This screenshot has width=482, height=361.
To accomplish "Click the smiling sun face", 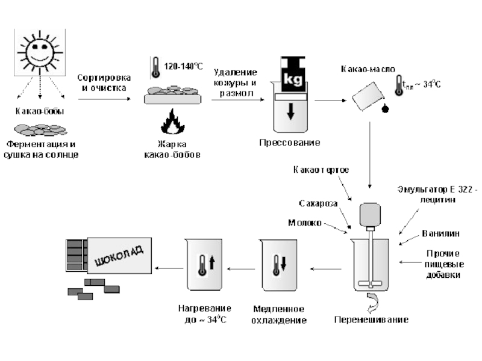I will [x=39, y=53].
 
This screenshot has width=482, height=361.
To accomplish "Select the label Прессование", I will [x=289, y=143].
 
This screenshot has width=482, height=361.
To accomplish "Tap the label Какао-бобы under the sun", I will [x=40, y=111].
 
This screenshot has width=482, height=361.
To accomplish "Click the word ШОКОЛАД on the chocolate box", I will [x=120, y=255].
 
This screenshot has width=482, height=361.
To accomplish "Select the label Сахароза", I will [x=317, y=203].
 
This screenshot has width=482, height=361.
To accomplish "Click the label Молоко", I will [x=304, y=222].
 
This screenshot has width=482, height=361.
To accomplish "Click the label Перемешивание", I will [x=371, y=319].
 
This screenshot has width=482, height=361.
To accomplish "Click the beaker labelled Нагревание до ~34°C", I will [x=202, y=265].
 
